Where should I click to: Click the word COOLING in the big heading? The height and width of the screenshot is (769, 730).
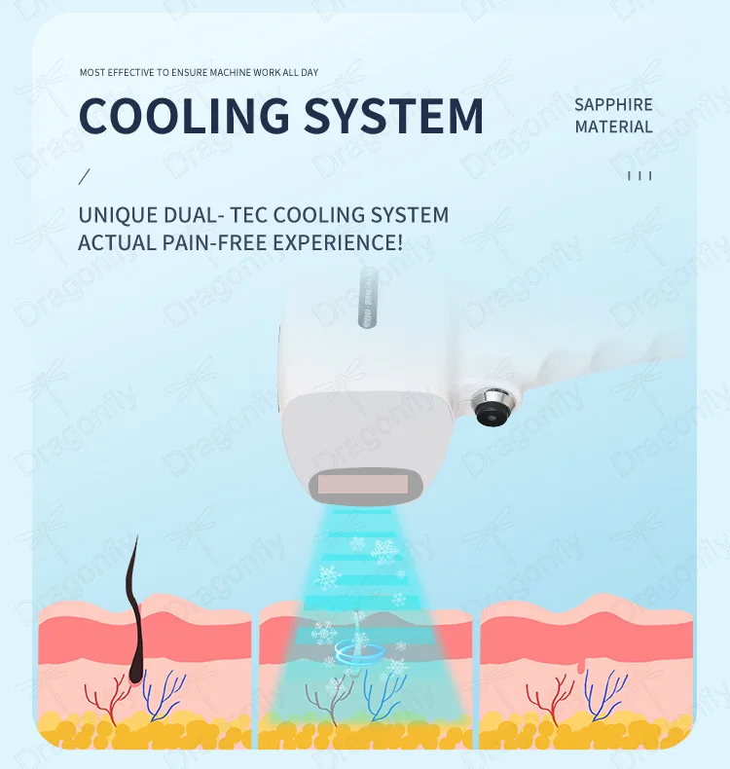[x=183, y=115]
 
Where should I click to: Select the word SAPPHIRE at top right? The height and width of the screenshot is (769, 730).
[x=613, y=105]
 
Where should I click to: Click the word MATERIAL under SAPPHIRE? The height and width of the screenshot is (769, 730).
[x=613, y=127]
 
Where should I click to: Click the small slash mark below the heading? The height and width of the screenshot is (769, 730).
[x=84, y=176]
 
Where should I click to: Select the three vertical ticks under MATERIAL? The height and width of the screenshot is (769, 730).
[x=639, y=176]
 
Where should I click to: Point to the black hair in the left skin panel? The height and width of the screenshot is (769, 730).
[x=134, y=604]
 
